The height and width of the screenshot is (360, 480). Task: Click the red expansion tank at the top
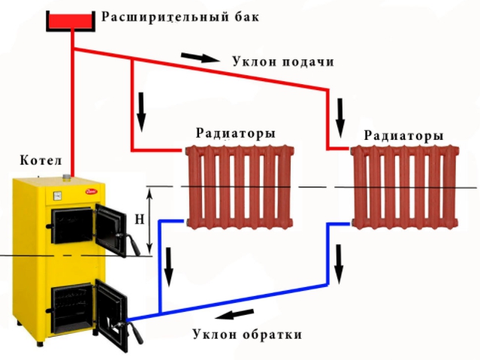(x=71, y=21)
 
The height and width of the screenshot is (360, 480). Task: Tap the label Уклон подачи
(x=283, y=62)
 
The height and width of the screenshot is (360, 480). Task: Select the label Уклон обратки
(x=247, y=334)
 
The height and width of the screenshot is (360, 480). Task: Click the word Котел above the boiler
(x=41, y=160)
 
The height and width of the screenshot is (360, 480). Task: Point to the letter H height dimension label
(x=140, y=219)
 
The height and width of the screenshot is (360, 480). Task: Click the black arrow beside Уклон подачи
(x=201, y=57)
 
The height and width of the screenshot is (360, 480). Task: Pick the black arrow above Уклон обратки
(x=235, y=314)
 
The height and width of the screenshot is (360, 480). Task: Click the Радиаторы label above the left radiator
(x=236, y=133)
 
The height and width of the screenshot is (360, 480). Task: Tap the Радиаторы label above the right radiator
(x=404, y=135)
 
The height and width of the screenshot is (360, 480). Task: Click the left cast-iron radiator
(x=240, y=186)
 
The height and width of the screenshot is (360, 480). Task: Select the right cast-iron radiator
(x=404, y=186)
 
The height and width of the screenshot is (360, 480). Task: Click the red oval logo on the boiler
(x=92, y=192)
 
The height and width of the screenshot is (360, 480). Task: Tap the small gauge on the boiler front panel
(x=57, y=195)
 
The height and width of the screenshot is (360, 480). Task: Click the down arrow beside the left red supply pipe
(x=141, y=112)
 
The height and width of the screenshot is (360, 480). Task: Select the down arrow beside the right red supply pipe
(x=340, y=118)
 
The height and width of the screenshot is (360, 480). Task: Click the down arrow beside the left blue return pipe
(x=168, y=267)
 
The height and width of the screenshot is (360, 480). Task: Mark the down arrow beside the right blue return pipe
(x=338, y=265)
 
